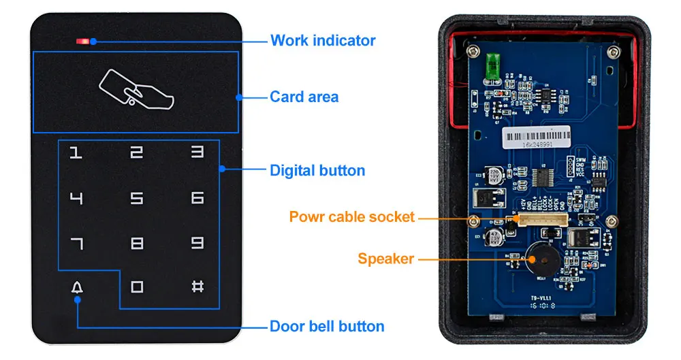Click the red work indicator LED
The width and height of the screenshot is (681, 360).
click(x=83, y=42)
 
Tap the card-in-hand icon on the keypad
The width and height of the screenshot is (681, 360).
click(x=137, y=91)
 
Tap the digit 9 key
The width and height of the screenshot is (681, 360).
click(x=197, y=243)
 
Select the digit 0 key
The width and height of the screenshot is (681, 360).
click(x=137, y=287)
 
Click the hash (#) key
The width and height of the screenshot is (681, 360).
click(x=197, y=287)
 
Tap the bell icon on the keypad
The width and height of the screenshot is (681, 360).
click(x=77, y=287)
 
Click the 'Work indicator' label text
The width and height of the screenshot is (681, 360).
click(x=323, y=40)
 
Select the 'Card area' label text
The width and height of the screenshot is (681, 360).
click(x=304, y=97)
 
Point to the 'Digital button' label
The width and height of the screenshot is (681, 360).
click(x=317, y=170)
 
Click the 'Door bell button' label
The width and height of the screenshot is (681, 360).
click(x=327, y=326)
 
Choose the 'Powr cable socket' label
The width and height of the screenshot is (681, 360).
click(x=351, y=217)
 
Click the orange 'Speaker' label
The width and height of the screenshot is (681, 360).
click(x=385, y=259)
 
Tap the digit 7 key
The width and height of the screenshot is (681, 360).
click(x=77, y=243)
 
